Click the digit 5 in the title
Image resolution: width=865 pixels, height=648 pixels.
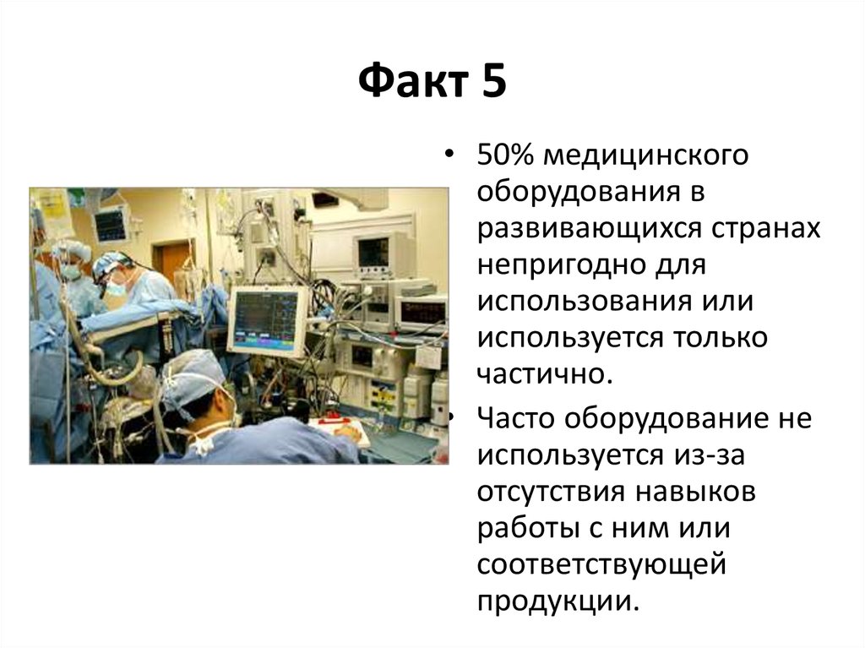click(x=493, y=81)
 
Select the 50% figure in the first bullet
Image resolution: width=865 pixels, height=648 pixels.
click(x=505, y=155)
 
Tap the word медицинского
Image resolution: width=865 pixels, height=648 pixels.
click(x=646, y=156)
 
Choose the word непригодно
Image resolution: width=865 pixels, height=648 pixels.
click(x=561, y=266)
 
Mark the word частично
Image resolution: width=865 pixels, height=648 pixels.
click(x=545, y=374)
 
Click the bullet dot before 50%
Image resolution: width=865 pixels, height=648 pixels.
click(x=451, y=155)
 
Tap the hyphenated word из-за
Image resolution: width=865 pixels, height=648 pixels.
click(x=709, y=455)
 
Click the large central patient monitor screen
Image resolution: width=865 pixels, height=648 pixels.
click(x=266, y=320)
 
